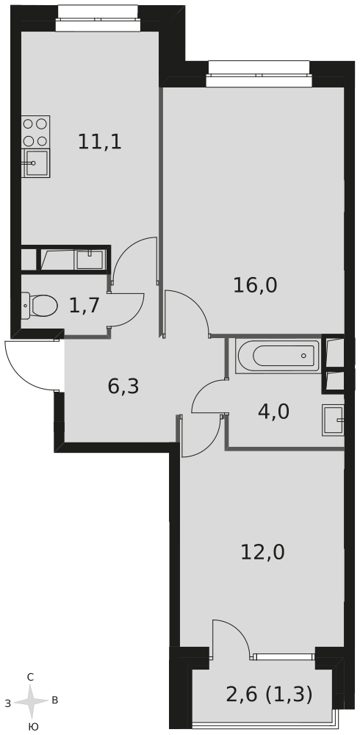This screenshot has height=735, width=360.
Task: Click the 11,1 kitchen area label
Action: pyautogui.click(x=99, y=142)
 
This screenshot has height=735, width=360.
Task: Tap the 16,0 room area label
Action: pyautogui.click(x=255, y=285)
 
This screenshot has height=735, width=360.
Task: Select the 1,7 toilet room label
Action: pyautogui.click(x=84, y=306)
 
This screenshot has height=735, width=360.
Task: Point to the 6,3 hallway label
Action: pyautogui.click(x=123, y=387)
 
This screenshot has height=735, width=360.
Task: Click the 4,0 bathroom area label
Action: pyautogui.click(x=273, y=412)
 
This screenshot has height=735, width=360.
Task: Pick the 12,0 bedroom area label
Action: pyautogui.click(x=262, y=552)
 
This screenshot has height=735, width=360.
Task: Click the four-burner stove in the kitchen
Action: pyautogui.click(x=35, y=132)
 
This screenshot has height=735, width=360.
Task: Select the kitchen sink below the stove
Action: pyautogui.click(x=35, y=163)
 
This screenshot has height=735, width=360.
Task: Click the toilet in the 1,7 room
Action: pyautogui.click(x=39, y=305)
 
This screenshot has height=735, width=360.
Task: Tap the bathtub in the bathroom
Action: pyautogui.click(x=277, y=356)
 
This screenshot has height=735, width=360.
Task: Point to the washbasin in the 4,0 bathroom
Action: pyautogui.click(x=334, y=420)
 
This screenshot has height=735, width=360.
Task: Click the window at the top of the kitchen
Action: pyautogui.click(x=97, y=19)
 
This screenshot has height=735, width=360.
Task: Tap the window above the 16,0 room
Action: pyautogui.click(x=259, y=74)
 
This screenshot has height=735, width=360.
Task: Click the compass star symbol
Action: pyautogui.click(x=31, y=702)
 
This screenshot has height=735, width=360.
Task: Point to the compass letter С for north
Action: pyautogui.click(x=30, y=677)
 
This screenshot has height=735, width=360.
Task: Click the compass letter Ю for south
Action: pyautogui.click(x=33, y=727)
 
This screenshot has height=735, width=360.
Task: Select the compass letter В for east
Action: pyautogui.click(x=55, y=700)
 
